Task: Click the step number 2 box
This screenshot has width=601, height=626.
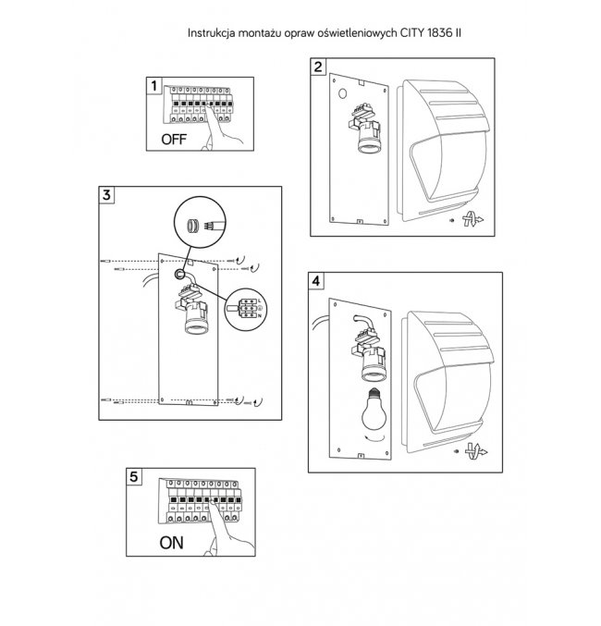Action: point(319,67)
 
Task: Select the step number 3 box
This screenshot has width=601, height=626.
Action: point(108,195)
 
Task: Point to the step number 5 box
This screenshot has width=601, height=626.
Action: point(135,477)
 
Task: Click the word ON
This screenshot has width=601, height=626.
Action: point(172,543)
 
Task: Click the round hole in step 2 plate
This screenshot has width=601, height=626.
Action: point(341,94)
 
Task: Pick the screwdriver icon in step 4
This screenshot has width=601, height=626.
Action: point(473,453)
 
